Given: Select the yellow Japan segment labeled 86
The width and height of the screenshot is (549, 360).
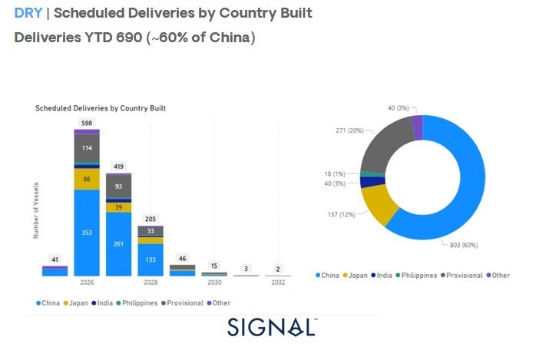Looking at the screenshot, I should (87, 179).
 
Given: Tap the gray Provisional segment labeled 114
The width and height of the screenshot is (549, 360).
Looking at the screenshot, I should (87, 147).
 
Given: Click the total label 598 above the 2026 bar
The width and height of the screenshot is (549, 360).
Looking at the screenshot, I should (87, 123).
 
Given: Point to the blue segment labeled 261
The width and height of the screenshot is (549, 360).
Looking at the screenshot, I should (119, 243).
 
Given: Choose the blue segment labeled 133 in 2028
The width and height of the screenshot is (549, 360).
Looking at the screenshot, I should (150, 259).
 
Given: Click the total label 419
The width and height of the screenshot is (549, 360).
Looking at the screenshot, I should (119, 167).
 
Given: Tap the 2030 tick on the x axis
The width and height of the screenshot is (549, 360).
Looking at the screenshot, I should (214, 283).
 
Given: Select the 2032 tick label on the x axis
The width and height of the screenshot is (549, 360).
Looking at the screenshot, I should (278, 283).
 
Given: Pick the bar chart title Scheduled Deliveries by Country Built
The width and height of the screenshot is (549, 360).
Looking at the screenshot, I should (101, 109).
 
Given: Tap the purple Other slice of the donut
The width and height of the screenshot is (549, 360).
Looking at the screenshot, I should (417, 127).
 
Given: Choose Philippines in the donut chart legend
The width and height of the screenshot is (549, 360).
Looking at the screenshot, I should (418, 275).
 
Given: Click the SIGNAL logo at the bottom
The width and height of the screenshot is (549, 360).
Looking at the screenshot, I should (272, 327).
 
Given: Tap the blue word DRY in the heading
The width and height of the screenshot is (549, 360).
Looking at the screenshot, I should (28, 14).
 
